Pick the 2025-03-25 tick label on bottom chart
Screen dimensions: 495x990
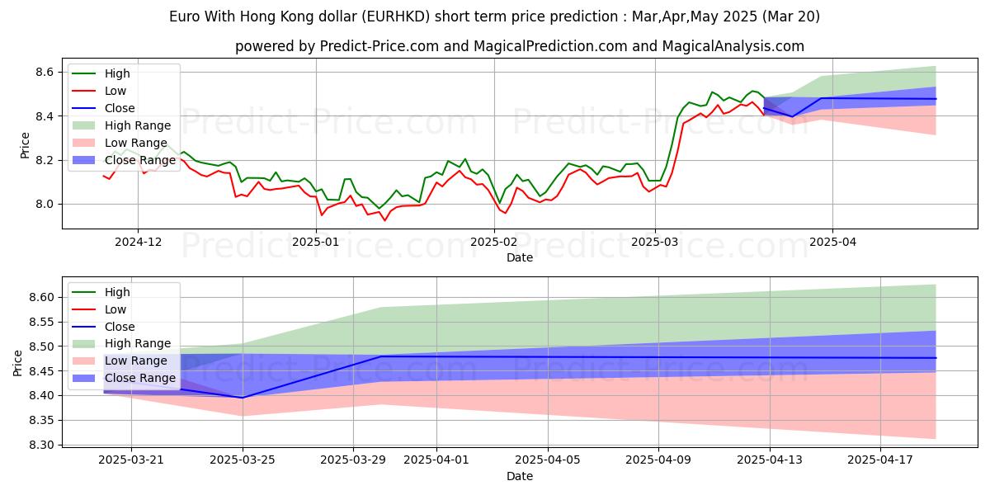point(243,460)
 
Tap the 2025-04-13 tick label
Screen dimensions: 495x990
point(770,460)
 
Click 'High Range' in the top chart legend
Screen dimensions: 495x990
point(138,125)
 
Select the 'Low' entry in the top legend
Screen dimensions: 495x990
point(116,91)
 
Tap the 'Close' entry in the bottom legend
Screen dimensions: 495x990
point(120,327)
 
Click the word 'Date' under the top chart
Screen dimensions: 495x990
point(520,257)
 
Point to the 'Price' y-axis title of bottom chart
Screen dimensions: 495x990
point(17,363)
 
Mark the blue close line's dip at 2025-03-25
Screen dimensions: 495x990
point(243,398)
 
